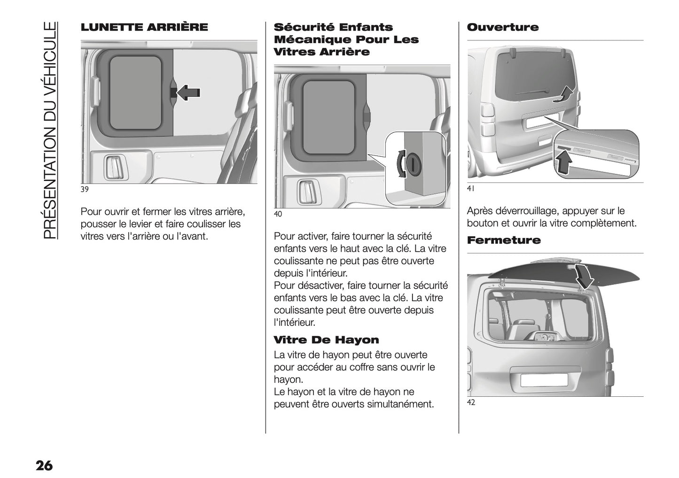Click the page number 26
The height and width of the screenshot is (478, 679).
pos(44,466)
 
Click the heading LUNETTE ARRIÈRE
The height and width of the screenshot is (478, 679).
pos(144,27)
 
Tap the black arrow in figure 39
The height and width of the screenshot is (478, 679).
pos(188,93)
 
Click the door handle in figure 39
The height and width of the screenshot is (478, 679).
pos(113,167)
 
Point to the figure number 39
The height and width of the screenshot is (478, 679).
pos(85,189)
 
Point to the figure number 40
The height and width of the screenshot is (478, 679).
pos(278,214)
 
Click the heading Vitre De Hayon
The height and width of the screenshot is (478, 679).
pos(326,340)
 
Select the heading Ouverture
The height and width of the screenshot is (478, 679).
pos(502,27)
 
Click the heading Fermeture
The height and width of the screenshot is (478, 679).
pos(504,240)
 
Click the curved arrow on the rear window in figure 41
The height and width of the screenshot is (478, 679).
pos(564,94)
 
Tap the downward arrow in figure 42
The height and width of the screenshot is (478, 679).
pos(584,277)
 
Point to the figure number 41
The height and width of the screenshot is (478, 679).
pos(471,188)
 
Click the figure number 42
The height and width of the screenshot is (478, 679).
pos(471,402)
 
